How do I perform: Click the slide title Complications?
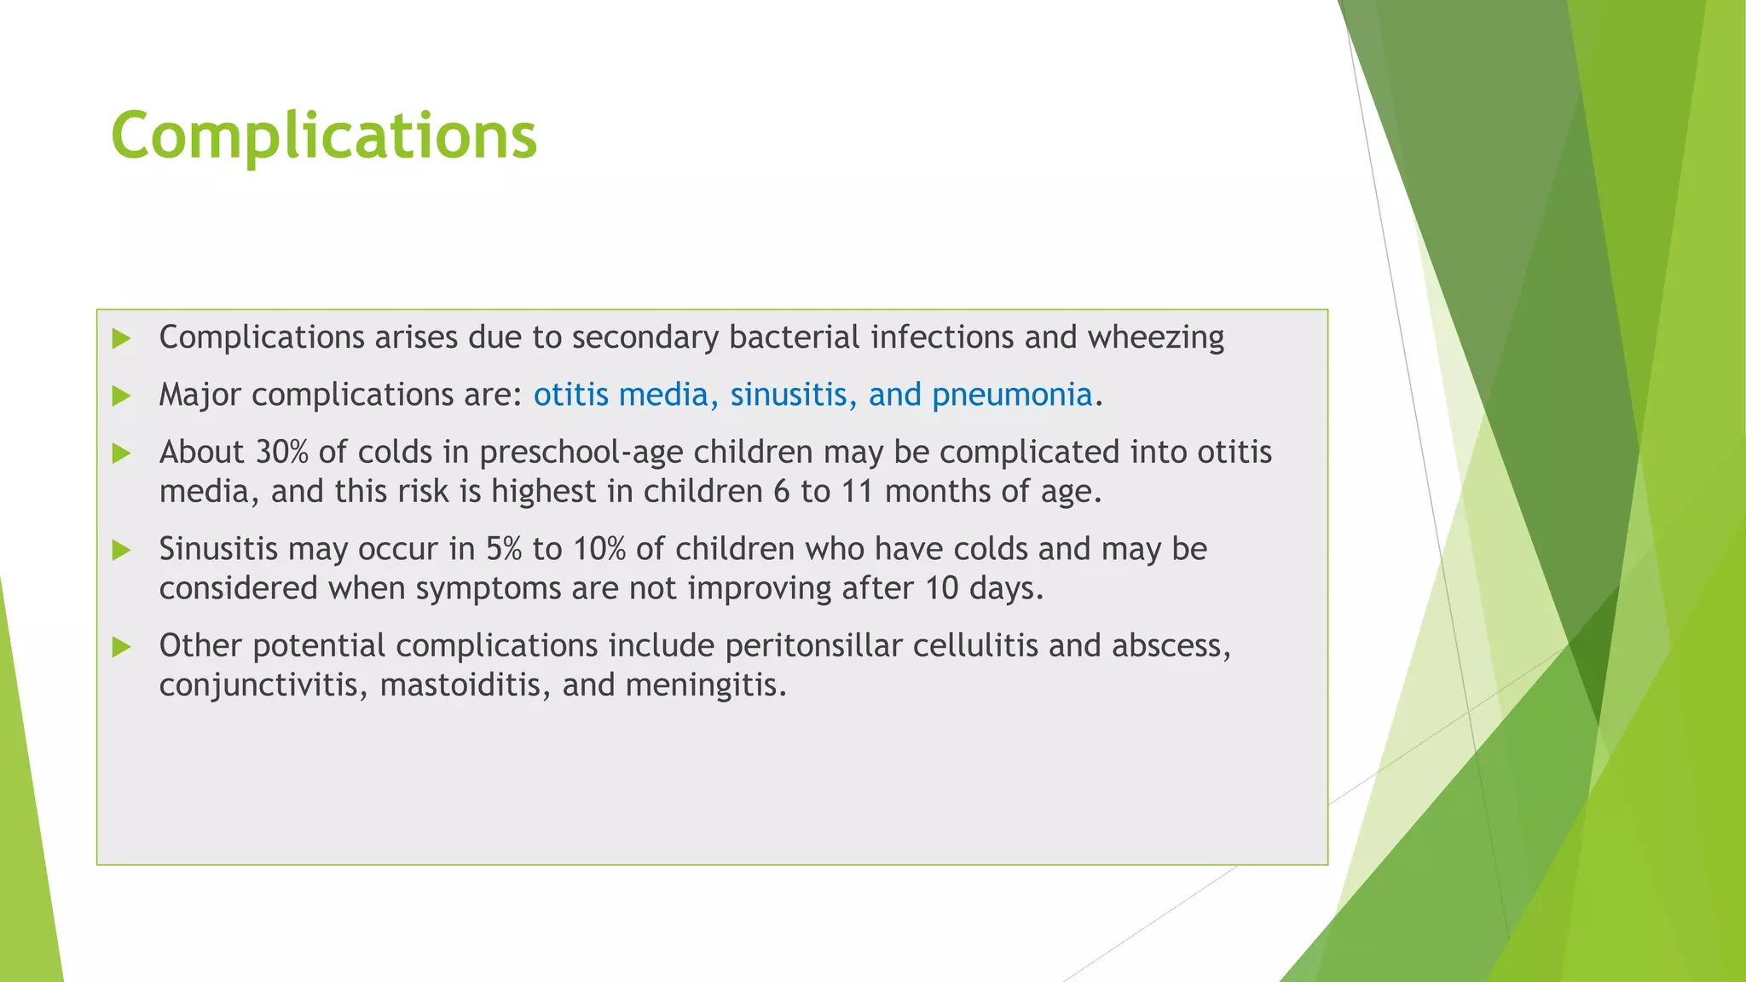click(x=324, y=136)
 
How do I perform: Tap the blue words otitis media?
click(x=621, y=395)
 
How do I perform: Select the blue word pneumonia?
click(x=1012, y=395)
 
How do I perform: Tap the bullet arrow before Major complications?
click(x=122, y=396)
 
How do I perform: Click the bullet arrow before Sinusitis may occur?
click(x=122, y=550)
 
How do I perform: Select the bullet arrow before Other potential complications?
click(x=122, y=647)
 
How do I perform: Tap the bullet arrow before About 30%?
click(x=122, y=453)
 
